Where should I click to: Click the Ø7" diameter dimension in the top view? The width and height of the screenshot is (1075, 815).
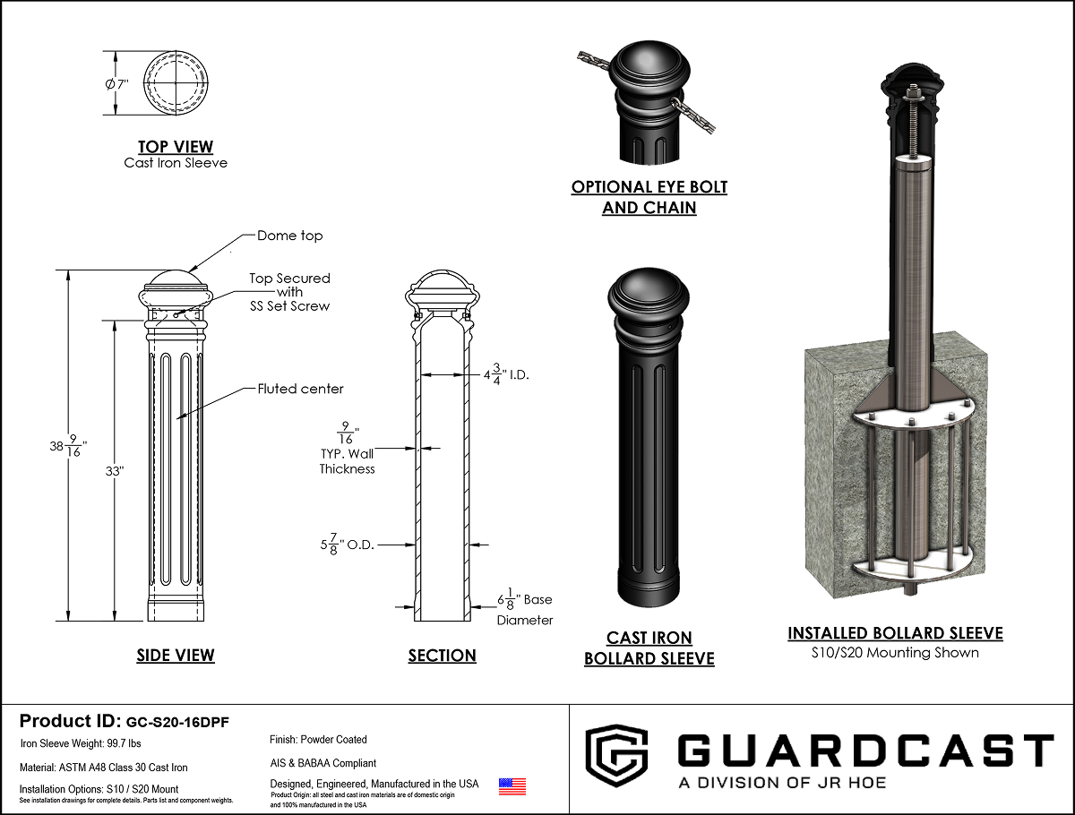(116, 84)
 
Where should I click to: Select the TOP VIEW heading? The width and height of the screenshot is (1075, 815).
(176, 146)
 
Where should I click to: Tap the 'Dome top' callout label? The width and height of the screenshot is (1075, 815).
(290, 236)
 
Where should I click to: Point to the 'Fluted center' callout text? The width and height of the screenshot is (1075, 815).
(300, 389)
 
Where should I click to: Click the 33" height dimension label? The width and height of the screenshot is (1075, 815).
(115, 471)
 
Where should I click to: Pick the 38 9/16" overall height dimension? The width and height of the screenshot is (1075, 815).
(68, 445)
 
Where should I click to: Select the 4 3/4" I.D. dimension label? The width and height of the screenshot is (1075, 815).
(506, 374)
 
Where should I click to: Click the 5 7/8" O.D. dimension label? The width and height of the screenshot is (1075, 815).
(348, 545)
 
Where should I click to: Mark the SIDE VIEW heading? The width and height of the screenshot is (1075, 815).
(176, 655)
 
